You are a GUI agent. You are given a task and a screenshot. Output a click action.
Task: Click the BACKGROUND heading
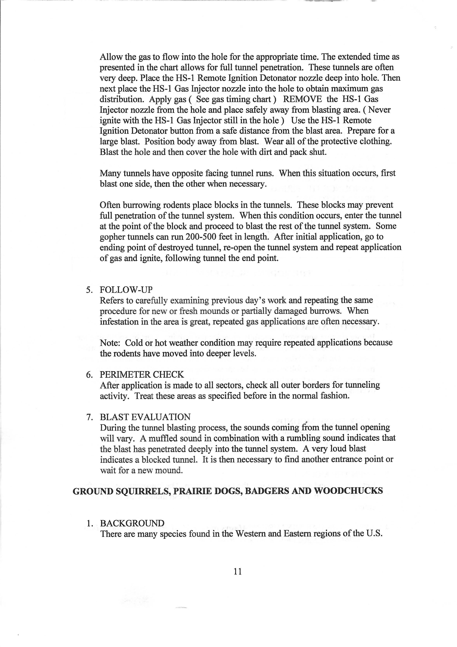pos(132,523)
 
